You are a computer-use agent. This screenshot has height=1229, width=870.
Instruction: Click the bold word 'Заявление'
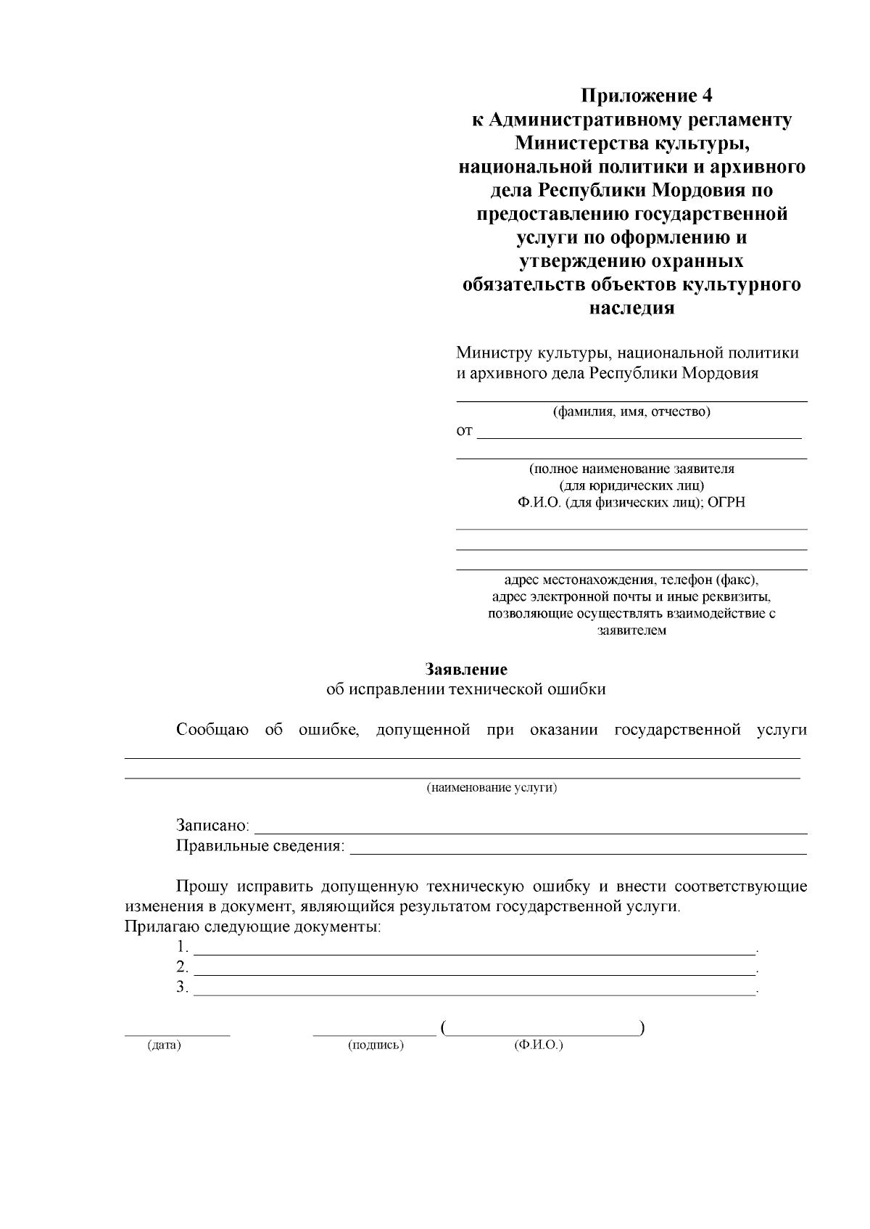click(x=466, y=669)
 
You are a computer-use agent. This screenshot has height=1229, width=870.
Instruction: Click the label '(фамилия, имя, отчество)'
click(x=631, y=413)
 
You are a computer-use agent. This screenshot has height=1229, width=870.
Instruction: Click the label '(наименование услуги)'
click(x=492, y=788)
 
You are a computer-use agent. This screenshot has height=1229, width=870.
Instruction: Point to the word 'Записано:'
click(x=212, y=826)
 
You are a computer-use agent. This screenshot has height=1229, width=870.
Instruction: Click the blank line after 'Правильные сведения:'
click(x=578, y=852)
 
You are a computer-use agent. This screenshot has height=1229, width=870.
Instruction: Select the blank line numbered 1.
click(x=475, y=952)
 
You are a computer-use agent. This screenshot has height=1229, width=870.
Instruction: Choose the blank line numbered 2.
click(x=475, y=972)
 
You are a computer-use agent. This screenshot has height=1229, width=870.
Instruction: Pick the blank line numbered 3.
click(x=475, y=992)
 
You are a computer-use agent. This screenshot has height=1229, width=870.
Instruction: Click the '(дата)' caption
click(x=164, y=1045)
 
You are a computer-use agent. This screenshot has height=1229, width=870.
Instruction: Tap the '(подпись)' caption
click(x=376, y=1045)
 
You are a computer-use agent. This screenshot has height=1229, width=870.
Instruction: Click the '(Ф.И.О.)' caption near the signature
click(x=538, y=1045)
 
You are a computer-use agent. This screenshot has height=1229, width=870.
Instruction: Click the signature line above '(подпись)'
click(x=374, y=1033)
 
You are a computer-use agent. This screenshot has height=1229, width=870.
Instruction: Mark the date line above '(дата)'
click(x=177, y=1033)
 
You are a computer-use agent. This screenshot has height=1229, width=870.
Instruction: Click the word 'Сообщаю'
click(x=212, y=730)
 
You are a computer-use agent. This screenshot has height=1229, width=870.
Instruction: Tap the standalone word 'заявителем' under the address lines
click(x=631, y=630)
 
